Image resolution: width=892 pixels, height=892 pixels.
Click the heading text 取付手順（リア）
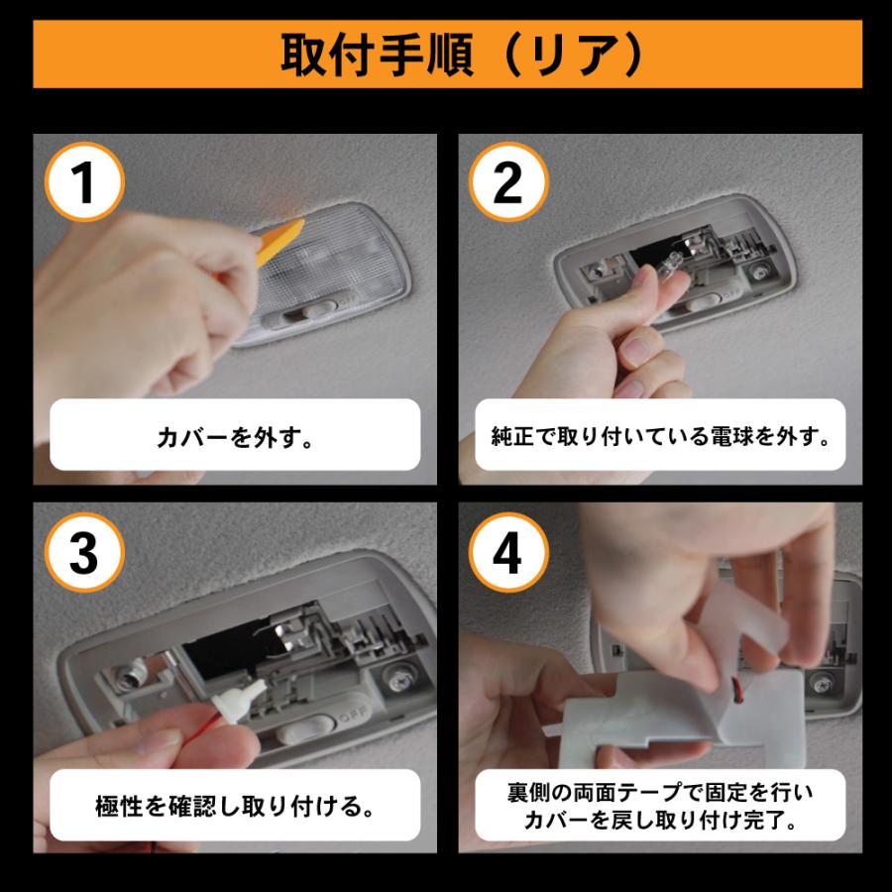pos(446,56)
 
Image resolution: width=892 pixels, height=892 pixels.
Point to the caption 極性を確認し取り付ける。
pos(235,804)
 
